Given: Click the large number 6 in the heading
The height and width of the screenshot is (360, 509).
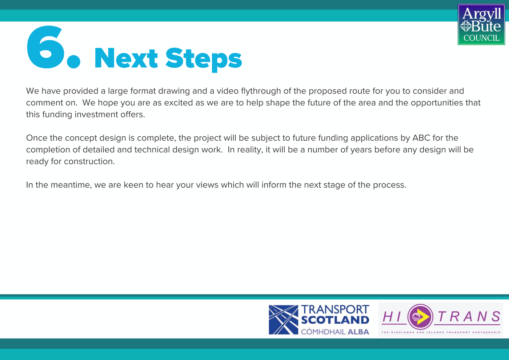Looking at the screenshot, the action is point(47,47).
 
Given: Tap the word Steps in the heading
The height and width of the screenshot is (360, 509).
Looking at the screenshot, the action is point(204,59).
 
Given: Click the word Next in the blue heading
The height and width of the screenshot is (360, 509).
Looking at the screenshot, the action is point(126,58).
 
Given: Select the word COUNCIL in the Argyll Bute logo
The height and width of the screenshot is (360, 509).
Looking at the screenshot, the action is point(481,38).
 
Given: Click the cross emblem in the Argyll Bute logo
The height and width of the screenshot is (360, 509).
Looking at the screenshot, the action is point(466,26).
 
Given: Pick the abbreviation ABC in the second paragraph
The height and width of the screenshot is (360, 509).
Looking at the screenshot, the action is point(421,138).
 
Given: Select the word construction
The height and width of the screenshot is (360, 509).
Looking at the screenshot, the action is point(89,161).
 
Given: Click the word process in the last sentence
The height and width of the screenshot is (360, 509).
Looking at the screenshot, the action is point(389,185).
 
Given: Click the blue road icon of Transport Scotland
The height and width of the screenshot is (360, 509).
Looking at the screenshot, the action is point(283,320).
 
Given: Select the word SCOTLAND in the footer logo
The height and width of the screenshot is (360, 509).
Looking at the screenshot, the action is point(335,320).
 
